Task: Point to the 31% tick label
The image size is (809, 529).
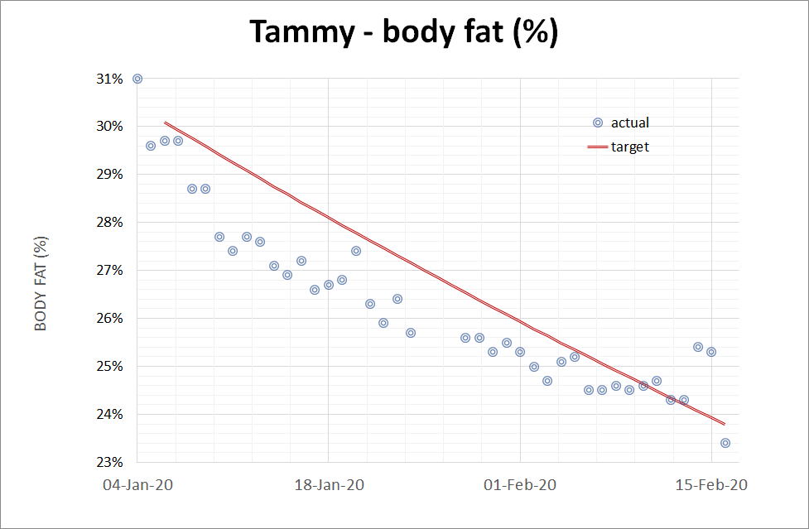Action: coord(110,79)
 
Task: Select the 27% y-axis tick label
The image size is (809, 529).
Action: coord(110,271)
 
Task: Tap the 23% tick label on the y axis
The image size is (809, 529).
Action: coord(110,462)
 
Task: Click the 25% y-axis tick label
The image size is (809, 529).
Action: coord(110,367)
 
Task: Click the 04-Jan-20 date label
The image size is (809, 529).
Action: coord(137,485)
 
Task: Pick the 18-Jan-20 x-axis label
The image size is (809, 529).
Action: coord(329,485)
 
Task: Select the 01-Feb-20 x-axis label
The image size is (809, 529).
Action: coord(520,485)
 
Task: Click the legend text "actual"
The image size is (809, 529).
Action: coord(630,123)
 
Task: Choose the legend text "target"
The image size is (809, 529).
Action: coord(630,147)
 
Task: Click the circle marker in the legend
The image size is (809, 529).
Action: coord(598,123)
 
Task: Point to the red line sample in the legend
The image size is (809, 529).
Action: coord(598,147)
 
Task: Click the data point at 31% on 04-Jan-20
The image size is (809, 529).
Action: coord(137,79)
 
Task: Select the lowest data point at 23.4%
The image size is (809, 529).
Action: coord(725,443)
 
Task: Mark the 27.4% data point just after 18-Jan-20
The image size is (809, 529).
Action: coord(356,251)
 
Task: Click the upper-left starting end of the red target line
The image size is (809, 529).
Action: coord(165,123)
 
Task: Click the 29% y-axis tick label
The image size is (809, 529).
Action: coord(110,175)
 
